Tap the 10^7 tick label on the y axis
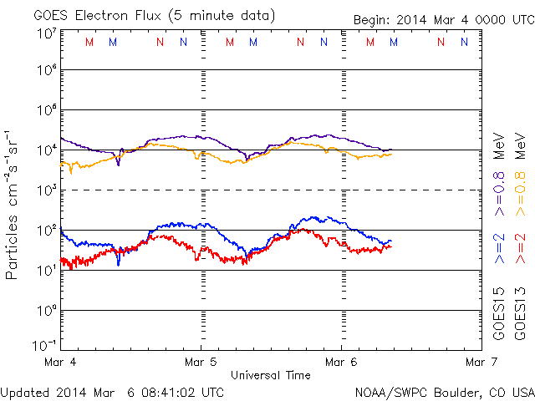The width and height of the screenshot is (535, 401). click(46, 34)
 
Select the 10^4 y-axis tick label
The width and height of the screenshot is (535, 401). click(46, 150)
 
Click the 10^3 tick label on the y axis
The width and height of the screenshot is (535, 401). click(46, 190)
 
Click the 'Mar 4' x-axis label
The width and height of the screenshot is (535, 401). click(60, 363)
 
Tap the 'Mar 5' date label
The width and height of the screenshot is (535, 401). click(201, 363)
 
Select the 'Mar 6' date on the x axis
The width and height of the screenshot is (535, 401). click(341, 363)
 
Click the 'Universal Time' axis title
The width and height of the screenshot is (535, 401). click(271, 375)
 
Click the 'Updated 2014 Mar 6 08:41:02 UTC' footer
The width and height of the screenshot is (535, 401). click(112, 390)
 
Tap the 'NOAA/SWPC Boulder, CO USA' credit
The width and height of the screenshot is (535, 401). click(444, 390)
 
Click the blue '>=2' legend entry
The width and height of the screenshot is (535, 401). click(498, 250)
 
